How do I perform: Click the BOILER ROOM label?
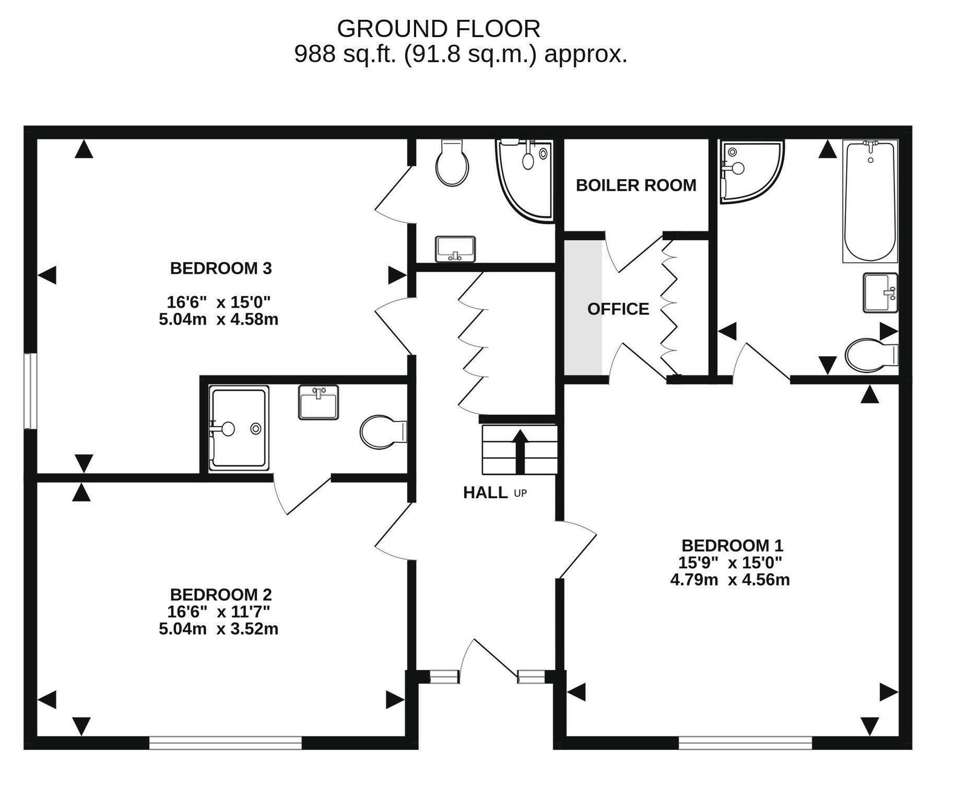636,185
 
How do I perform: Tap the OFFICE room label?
618,309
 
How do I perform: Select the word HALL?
485,492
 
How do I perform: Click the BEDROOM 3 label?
221,268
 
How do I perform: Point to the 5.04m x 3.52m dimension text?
219,629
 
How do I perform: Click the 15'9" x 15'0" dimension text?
730,562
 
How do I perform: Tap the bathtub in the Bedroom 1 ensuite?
870,201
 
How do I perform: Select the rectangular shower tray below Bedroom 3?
239,428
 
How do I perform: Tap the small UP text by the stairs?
521,493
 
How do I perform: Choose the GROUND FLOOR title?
439,29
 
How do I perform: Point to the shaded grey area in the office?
584,307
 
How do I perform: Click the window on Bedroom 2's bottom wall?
226,743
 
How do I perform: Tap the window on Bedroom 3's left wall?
30,391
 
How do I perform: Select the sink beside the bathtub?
880,293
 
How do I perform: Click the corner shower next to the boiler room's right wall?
751,171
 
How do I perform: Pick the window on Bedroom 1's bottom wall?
745,743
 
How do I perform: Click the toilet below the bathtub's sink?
871,356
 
